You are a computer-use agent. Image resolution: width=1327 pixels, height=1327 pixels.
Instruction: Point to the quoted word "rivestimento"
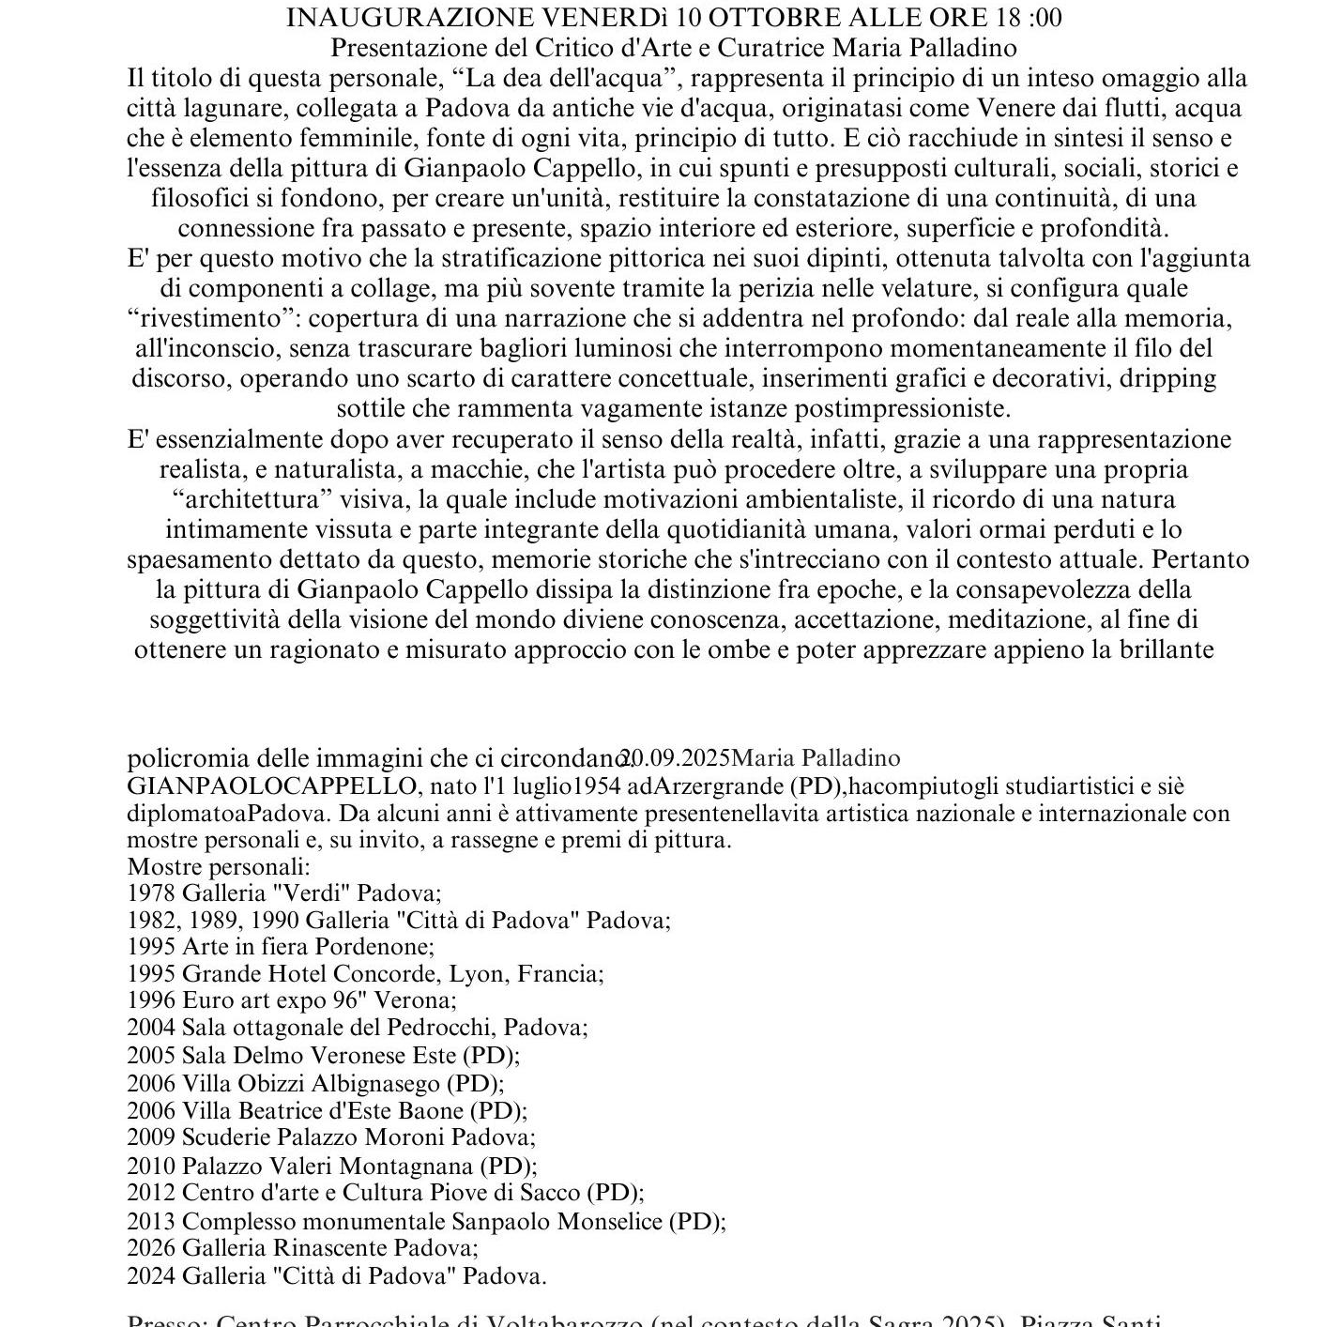coord(212,318)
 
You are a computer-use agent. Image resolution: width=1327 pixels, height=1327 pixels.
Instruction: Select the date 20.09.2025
coord(676,758)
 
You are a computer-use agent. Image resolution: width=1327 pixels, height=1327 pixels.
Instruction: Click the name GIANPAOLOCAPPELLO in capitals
coord(272,786)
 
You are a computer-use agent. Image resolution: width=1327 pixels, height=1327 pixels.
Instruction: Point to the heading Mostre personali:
coord(219,866)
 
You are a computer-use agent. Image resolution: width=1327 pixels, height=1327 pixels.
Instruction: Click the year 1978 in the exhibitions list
coord(151,892)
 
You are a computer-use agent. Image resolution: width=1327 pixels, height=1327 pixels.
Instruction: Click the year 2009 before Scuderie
coord(151,1137)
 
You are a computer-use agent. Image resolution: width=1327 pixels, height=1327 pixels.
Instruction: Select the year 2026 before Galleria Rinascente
coord(151,1248)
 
